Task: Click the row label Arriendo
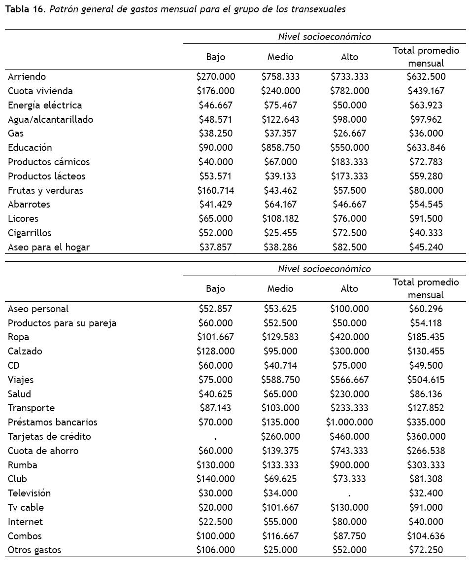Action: pyautogui.click(x=27, y=76)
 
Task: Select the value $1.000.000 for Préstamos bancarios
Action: pyautogui.click(x=349, y=422)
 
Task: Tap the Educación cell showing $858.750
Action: pyautogui.click(x=280, y=147)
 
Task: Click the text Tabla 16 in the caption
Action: pyautogui.click(x=24, y=9)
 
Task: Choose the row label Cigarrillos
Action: pyautogui.click(x=30, y=233)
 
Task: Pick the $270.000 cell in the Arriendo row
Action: pyautogui.click(x=215, y=76)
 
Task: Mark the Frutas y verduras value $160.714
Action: pyautogui.click(x=215, y=190)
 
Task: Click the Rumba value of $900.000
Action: pyautogui.click(x=349, y=465)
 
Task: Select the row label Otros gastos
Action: pyautogui.click(x=34, y=550)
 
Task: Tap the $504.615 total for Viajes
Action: pyautogui.click(x=426, y=380)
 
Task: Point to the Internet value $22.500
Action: pyautogui.click(x=215, y=522)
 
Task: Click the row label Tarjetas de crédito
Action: pyautogui.click(x=49, y=436)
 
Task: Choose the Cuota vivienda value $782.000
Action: pyautogui.click(x=349, y=91)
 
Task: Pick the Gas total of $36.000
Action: pyautogui.click(x=426, y=133)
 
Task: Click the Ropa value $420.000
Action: pyautogui.click(x=349, y=337)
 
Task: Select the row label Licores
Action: pyautogui.click(x=23, y=218)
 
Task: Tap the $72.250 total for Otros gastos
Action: pyautogui.click(x=426, y=550)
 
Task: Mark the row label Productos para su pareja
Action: pyautogui.click(x=62, y=323)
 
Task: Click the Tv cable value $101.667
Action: pyautogui.click(x=280, y=507)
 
